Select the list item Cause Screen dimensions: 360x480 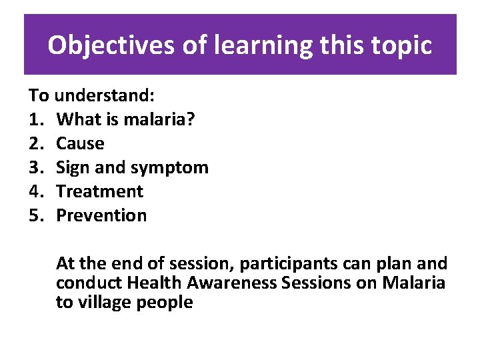[80, 143]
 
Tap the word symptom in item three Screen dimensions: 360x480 [174, 167]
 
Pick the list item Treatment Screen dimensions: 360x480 [99, 191]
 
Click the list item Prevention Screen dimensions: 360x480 [101, 215]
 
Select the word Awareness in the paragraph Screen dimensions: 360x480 [231, 283]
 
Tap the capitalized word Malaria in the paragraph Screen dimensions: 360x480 [413, 283]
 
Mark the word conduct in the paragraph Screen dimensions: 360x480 [89, 283]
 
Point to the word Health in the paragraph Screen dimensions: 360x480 [153, 283]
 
